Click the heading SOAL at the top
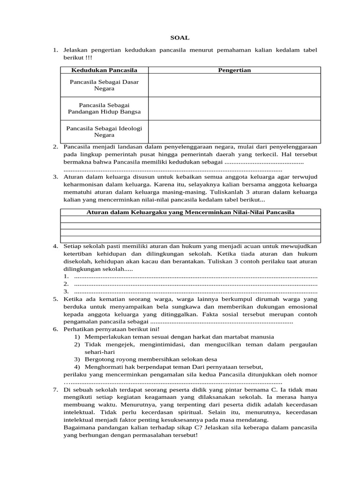[180, 37]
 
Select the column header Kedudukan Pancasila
[104, 70]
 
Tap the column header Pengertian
[234, 70]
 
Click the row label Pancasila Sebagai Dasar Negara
[104, 85]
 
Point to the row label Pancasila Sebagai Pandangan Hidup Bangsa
[104, 108]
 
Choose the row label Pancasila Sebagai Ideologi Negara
[104, 131]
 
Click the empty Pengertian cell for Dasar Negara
[234, 85]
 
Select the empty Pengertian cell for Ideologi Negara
[234, 131]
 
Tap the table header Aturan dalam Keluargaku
[190, 212]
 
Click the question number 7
[55, 390]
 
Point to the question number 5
[55, 299]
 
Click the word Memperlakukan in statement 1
[105, 337]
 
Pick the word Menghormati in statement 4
[102, 367]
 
